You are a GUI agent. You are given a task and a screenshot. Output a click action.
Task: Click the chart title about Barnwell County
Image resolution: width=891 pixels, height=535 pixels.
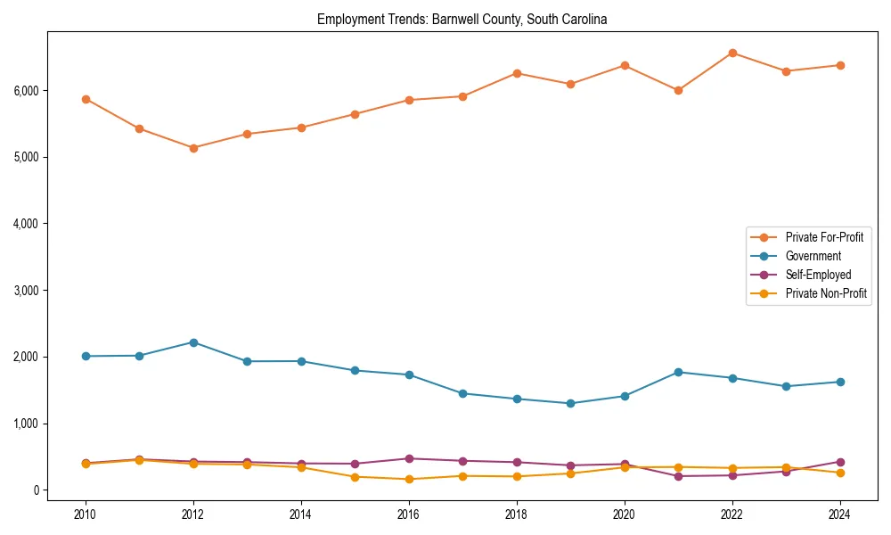[462, 20]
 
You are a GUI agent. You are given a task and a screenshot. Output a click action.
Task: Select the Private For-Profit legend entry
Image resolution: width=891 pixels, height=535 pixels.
[824, 237]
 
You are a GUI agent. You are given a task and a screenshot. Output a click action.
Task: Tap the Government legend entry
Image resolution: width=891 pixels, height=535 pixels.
[813, 256]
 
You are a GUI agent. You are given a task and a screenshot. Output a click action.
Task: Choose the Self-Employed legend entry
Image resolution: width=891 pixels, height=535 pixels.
[818, 275]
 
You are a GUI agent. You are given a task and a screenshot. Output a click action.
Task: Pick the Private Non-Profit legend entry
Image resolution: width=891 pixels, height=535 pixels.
[826, 293]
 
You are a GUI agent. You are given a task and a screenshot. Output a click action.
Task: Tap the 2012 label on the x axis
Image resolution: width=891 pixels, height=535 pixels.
[193, 514]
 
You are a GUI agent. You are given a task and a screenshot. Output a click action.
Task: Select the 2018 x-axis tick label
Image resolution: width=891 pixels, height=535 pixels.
[517, 514]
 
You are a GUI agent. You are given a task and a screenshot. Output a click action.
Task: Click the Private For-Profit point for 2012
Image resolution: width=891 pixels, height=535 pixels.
[193, 148]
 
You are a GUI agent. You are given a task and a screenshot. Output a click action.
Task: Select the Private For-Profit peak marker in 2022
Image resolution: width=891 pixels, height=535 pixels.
[732, 53]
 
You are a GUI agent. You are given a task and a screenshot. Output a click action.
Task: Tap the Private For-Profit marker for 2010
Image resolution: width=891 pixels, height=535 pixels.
[86, 99]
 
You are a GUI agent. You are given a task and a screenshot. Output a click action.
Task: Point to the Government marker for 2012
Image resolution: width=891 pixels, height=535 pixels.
[193, 342]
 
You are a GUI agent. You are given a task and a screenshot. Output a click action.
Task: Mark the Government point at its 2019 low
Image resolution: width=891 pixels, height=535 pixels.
[570, 403]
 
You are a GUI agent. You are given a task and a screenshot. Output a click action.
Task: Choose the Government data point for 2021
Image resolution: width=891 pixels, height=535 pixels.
[678, 372]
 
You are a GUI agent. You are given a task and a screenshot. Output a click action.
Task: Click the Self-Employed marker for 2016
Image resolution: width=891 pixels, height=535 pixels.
[409, 458]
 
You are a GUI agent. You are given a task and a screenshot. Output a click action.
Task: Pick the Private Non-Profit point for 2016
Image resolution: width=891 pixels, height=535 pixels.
[409, 479]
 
